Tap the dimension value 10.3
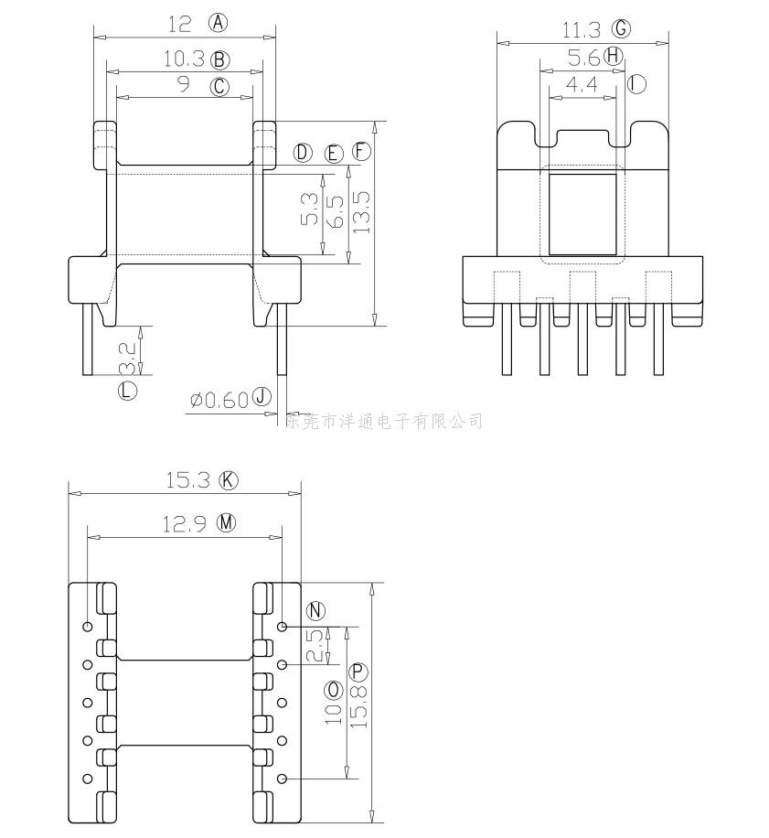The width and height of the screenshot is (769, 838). tap(183, 59)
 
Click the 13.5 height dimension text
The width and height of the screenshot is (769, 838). tap(361, 212)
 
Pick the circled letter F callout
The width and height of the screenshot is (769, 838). tap(362, 152)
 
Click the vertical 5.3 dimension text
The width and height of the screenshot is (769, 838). tap(310, 209)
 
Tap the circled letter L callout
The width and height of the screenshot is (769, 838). tap(127, 391)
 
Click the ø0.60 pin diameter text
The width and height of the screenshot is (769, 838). tap(219, 400)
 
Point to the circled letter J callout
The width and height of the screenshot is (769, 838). tap(262, 398)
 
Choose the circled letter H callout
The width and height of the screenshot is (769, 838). tap(614, 57)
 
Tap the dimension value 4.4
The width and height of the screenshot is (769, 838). tap(582, 85)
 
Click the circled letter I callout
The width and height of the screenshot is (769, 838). tap(636, 85)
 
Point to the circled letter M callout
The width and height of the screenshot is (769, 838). tap(226, 523)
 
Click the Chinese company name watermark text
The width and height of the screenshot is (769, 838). tap(385, 421)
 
